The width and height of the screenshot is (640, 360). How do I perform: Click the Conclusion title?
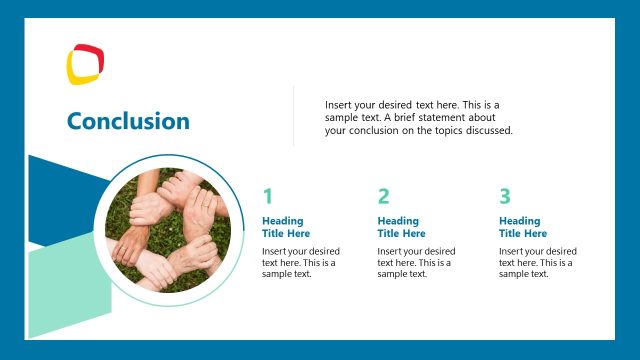[x=128, y=121]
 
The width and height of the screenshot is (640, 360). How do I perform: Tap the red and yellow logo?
[x=85, y=64]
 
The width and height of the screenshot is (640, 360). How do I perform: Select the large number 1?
[x=267, y=196]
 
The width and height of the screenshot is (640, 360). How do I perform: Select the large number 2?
[x=383, y=196]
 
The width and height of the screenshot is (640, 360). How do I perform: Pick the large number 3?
[x=505, y=196]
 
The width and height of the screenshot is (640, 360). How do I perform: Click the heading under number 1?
[x=286, y=227]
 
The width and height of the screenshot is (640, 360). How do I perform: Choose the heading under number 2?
[x=401, y=227]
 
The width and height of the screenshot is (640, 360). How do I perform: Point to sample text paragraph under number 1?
[x=300, y=262]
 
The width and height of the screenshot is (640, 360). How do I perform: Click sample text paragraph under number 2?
[x=415, y=262]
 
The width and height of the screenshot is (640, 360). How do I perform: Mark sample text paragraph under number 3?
[x=537, y=262]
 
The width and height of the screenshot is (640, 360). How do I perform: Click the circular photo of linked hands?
[x=168, y=229]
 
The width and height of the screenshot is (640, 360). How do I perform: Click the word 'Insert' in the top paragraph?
[x=339, y=105]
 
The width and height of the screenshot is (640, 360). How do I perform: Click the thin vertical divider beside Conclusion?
[x=293, y=116]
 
